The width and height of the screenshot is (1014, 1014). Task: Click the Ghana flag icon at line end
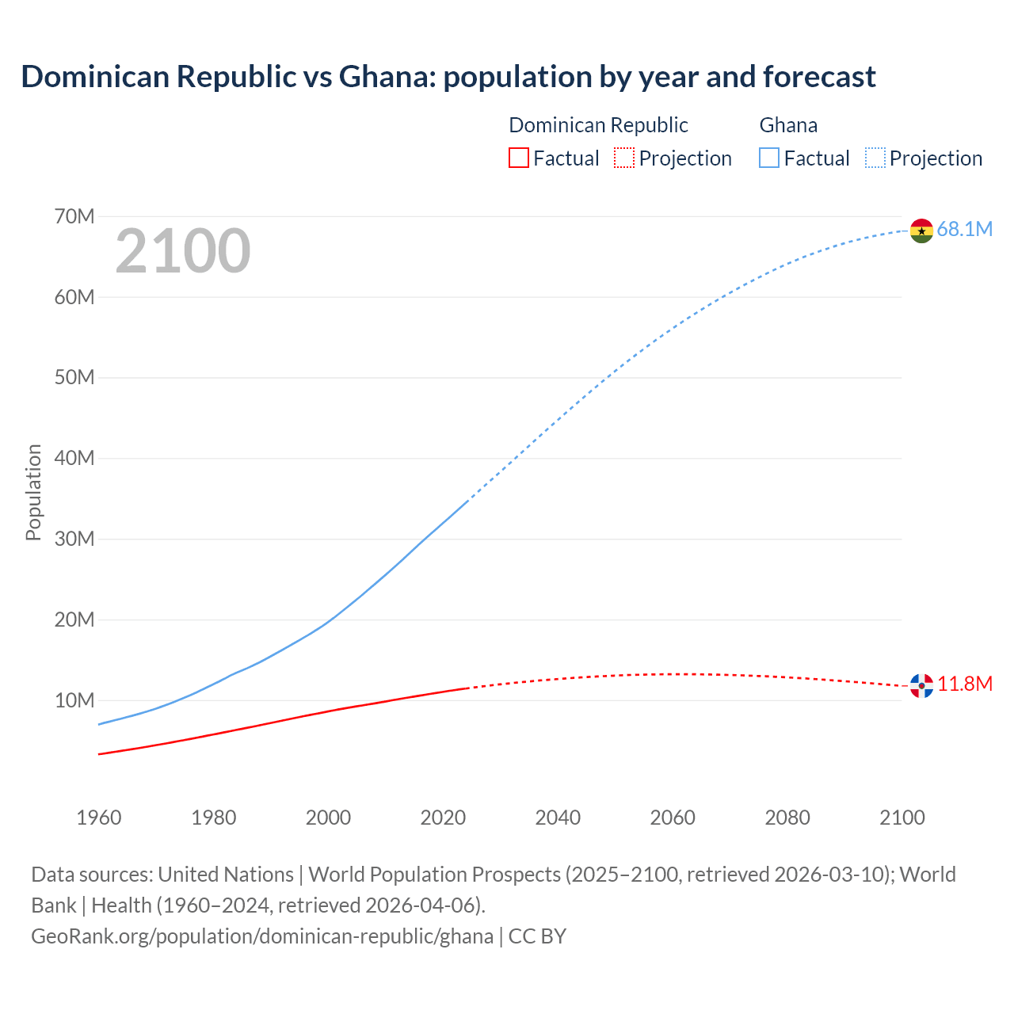(921, 231)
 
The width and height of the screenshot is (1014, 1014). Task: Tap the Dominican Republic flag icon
(921, 685)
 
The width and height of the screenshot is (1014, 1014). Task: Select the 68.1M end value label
(964, 230)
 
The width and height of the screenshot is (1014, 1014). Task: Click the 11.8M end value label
(965, 684)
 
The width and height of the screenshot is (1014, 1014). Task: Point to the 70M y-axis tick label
(74, 216)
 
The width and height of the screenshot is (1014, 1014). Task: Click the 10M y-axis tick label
(74, 700)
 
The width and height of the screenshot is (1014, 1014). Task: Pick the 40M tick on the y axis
(74, 458)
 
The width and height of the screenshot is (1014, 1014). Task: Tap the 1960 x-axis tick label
(99, 818)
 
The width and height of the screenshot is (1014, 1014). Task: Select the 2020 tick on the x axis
(443, 818)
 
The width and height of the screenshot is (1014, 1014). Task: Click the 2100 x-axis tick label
(902, 818)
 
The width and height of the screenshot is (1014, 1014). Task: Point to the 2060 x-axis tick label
(673, 818)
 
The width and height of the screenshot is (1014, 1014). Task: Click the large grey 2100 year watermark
(183, 251)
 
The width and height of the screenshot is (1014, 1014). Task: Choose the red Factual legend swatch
(518, 158)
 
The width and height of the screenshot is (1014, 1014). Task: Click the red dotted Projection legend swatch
(624, 158)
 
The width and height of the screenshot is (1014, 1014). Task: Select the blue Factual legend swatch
(768, 158)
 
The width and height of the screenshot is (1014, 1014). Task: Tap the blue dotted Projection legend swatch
(875, 158)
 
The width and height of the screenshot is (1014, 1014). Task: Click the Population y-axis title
(33, 492)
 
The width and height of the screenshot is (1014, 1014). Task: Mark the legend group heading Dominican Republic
(598, 125)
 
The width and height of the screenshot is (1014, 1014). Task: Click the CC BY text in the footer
(537, 936)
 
